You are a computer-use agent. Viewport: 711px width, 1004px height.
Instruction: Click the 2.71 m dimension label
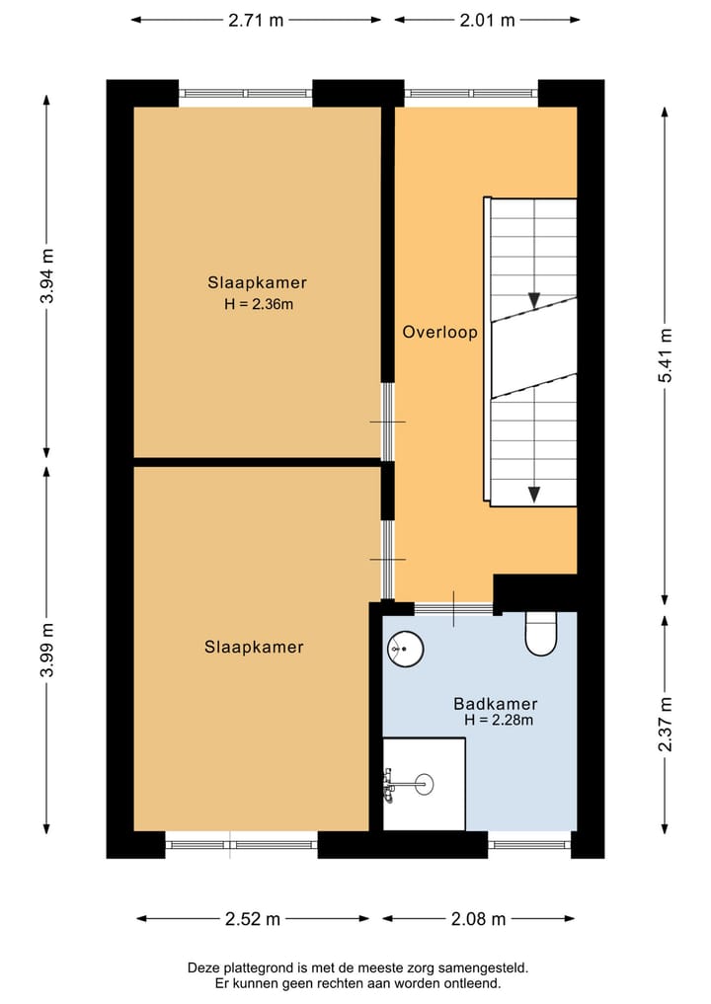[x=256, y=20]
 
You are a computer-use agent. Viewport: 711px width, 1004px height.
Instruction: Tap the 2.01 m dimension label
[x=487, y=20]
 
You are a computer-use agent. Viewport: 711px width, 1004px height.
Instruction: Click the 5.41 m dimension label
[x=666, y=355]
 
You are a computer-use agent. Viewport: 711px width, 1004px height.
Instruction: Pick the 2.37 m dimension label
[x=666, y=724]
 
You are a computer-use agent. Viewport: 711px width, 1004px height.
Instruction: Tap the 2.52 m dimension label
[x=253, y=919]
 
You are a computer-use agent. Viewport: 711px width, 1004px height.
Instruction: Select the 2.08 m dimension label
[x=479, y=919]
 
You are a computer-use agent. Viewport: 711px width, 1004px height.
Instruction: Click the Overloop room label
[x=440, y=332]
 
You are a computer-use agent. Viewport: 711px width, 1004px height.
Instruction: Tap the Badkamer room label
[x=495, y=704]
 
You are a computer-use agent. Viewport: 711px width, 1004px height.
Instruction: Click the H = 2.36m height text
[x=259, y=304]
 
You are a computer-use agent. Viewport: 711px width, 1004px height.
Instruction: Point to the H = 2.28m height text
[x=499, y=720]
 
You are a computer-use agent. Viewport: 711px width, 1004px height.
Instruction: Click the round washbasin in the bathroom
[x=406, y=648]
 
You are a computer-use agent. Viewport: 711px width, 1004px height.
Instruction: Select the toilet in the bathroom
[x=541, y=634]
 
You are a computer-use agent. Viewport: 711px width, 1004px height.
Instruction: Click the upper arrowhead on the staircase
[x=533, y=300]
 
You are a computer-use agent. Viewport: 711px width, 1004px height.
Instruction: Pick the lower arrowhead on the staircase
[x=533, y=495]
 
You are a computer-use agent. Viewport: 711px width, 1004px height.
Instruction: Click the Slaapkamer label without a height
[x=254, y=647]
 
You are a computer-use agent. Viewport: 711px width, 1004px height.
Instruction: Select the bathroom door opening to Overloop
[x=453, y=609]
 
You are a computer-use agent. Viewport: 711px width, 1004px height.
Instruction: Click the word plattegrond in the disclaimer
[x=262, y=968]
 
